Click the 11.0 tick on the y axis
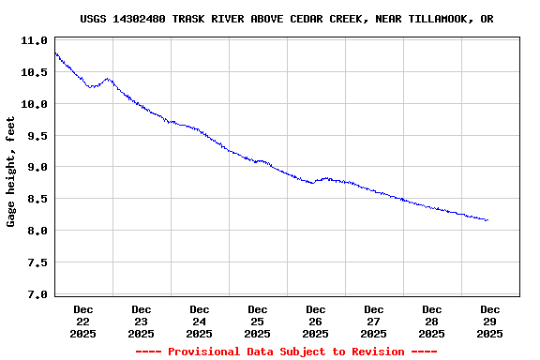coord(34,41)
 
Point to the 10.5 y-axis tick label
coord(34,73)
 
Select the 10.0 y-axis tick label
coord(34,105)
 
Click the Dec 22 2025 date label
coord(83,321)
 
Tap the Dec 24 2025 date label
coord(200,321)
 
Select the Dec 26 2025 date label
coord(316,321)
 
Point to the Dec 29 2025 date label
coord(490,321)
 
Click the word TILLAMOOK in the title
coord(435,19)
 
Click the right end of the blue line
coord(487,220)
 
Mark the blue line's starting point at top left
coord(55,52)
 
